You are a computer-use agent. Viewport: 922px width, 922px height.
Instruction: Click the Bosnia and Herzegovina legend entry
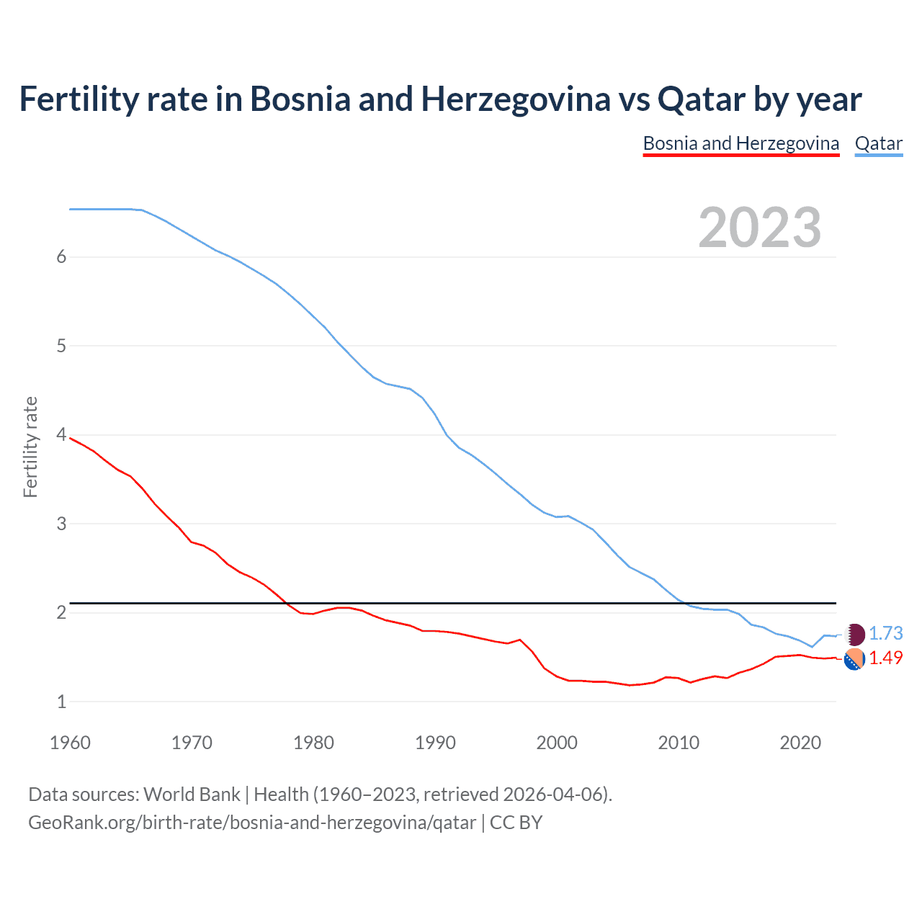(740, 143)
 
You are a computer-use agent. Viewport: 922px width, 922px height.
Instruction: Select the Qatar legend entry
(878, 143)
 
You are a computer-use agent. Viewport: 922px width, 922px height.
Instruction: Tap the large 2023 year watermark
(759, 228)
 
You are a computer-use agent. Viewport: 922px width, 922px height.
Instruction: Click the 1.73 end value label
(885, 633)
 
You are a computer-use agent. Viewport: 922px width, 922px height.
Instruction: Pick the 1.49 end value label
(885, 658)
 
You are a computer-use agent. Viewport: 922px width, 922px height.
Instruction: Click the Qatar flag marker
(854, 635)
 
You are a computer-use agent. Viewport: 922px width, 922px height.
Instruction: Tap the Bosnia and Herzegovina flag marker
(854, 659)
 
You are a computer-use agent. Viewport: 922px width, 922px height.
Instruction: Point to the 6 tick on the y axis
(61, 257)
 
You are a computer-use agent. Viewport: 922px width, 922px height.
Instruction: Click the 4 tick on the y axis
(61, 435)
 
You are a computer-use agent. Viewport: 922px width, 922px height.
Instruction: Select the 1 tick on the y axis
(61, 702)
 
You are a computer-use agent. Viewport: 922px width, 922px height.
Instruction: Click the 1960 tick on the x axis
(70, 743)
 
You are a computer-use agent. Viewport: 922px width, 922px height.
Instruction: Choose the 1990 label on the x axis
(435, 743)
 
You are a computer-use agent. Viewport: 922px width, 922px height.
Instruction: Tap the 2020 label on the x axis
(800, 743)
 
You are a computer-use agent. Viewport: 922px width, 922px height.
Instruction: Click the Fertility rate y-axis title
(30, 447)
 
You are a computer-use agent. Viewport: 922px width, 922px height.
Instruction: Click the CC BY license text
(516, 823)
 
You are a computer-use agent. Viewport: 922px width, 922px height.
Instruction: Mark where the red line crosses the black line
(284, 602)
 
